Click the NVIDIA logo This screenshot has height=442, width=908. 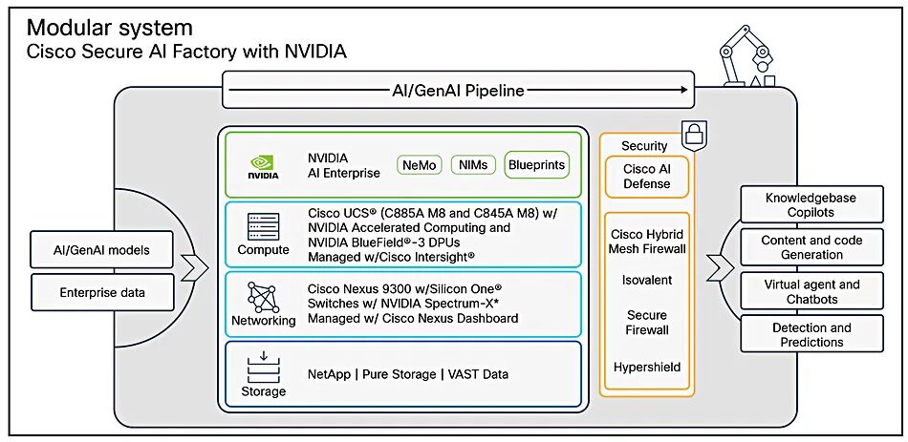(x=263, y=166)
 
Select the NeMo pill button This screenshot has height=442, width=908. (x=420, y=165)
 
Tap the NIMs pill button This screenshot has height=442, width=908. (x=473, y=165)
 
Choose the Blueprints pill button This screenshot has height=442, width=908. (x=536, y=164)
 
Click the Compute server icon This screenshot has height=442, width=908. (x=264, y=226)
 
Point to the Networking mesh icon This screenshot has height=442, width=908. (x=264, y=297)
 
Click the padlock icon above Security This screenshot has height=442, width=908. (x=693, y=136)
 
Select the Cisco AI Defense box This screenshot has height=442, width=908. (x=647, y=177)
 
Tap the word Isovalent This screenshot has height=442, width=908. (x=647, y=280)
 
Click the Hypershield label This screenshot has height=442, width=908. (x=647, y=367)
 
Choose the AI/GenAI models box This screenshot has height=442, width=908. (x=101, y=250)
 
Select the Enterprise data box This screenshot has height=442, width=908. (x=101, y=293)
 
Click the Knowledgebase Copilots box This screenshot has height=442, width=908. (x=811, y=205)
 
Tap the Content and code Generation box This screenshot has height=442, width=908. (x=811, y=247)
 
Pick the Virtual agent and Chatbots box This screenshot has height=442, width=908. (x=811, y=291)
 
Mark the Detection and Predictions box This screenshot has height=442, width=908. (x=811, y=334)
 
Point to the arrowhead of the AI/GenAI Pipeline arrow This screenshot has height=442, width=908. (x=684, y=90)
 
